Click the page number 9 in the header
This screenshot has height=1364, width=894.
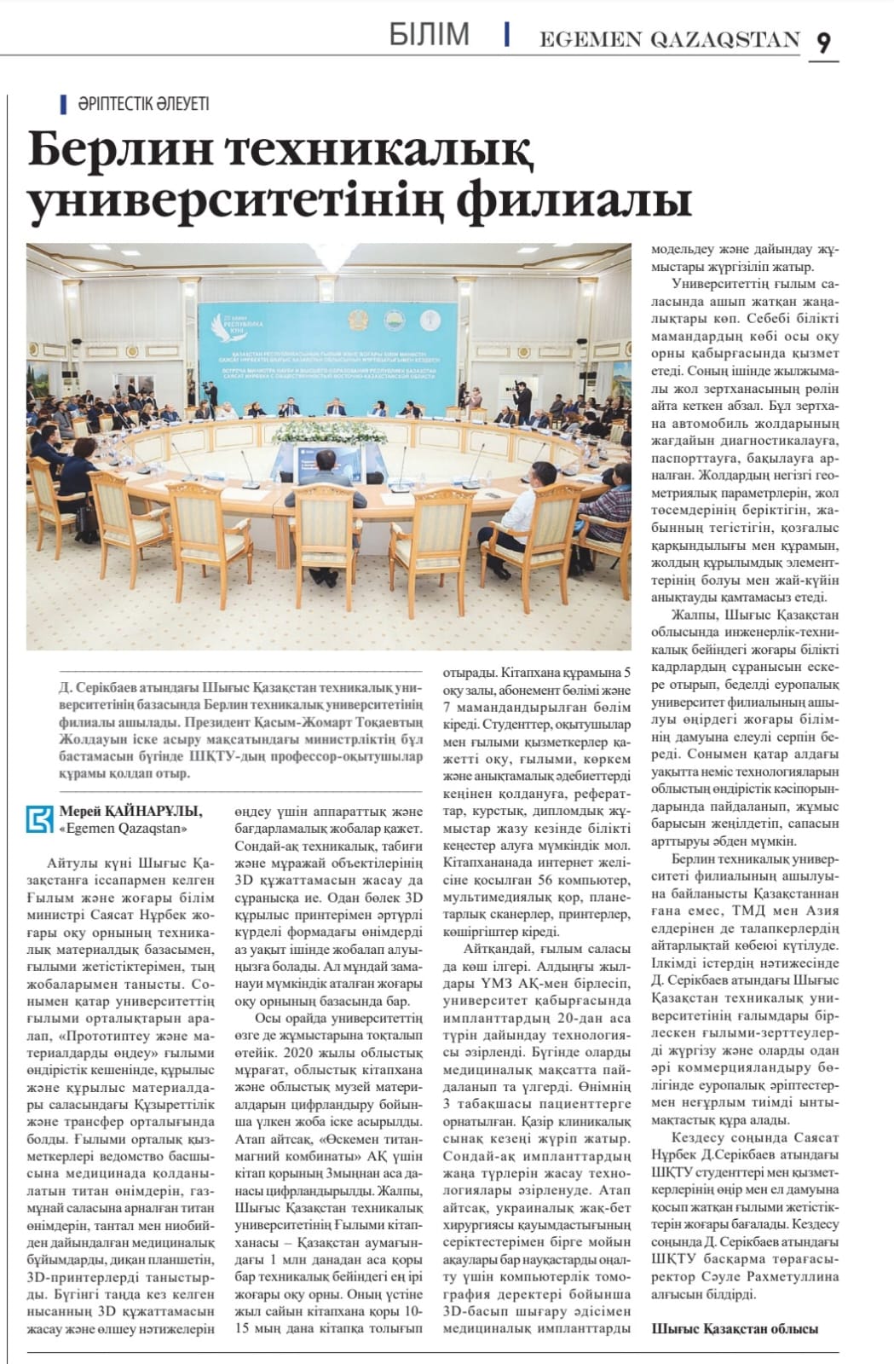coord(823,42)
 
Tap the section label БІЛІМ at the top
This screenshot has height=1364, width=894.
coord(429,35)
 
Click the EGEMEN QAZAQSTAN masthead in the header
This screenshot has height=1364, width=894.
coord(670,39)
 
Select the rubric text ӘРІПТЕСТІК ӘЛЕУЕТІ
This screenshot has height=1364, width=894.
coord(142,104)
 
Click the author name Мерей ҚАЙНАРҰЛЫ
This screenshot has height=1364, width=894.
coord(131,811)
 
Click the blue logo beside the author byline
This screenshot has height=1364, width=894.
coord(41,818)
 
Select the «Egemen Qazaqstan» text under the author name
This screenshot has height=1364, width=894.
coord(123,827)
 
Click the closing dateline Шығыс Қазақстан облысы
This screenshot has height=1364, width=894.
coord(735,1328)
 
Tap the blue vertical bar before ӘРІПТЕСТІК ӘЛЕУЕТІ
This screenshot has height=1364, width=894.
coord(64,104)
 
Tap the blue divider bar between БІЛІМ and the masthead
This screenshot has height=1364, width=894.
coord(507,34)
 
